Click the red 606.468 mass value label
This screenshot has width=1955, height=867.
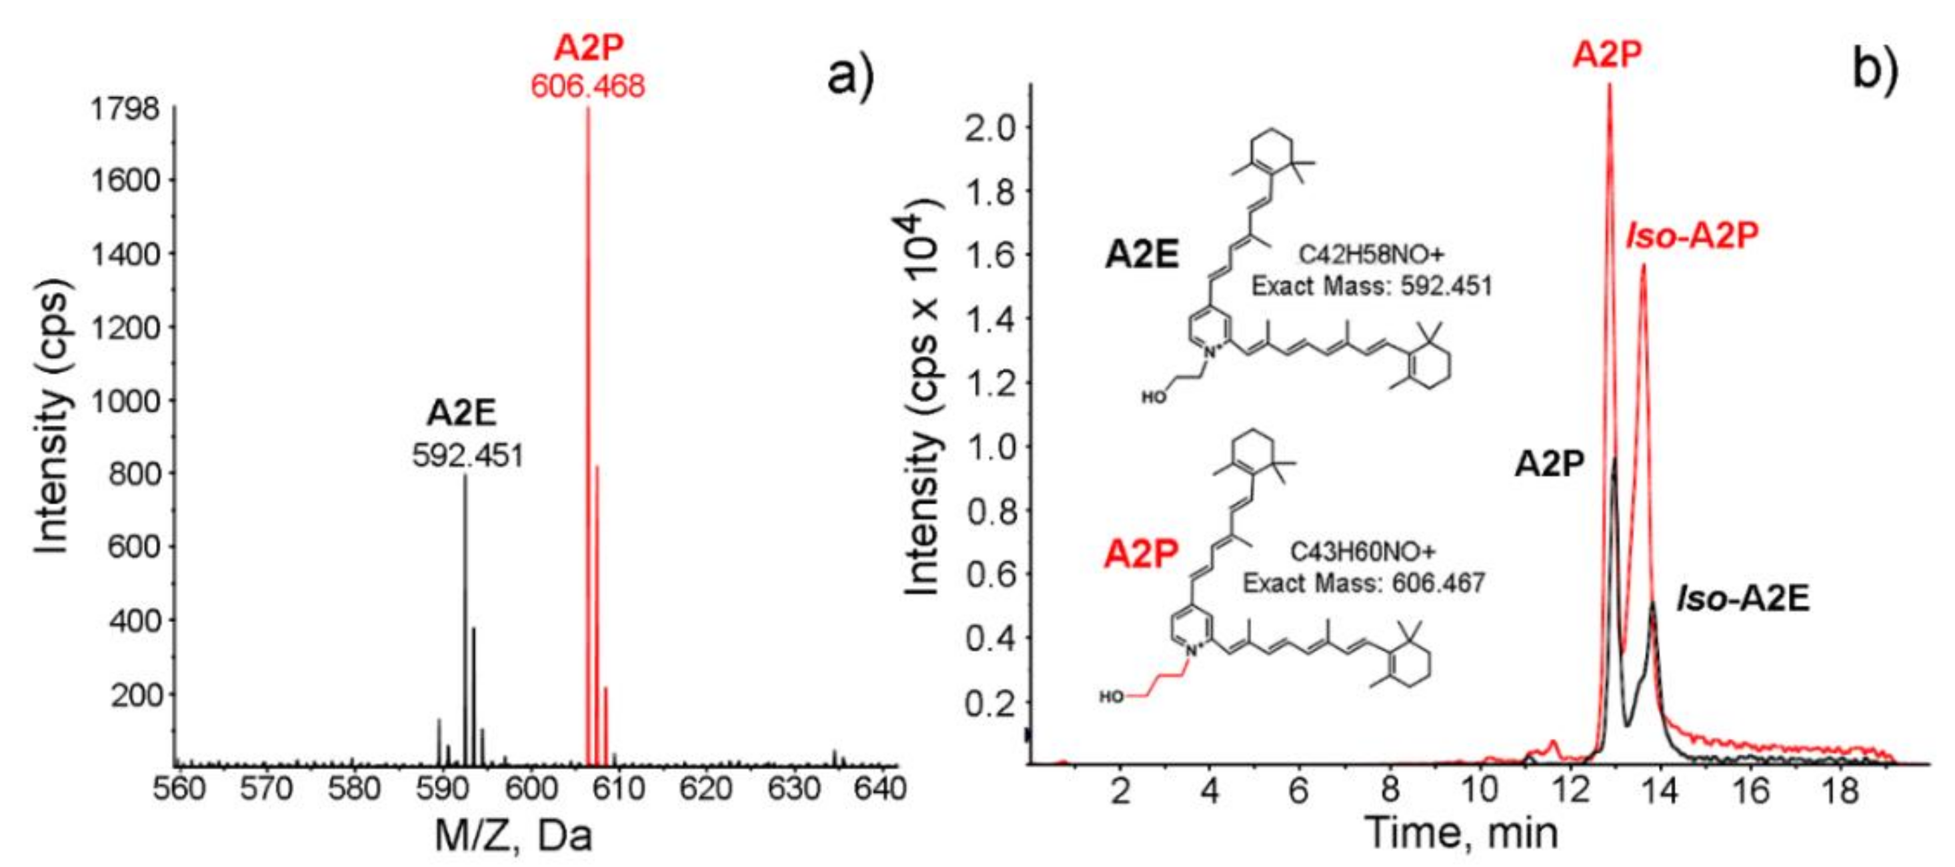click(587, 86)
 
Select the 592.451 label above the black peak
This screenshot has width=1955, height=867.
click(467, 456)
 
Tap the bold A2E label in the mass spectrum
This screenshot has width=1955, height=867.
click(461, 413)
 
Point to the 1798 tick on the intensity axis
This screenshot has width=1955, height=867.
click(125, 109)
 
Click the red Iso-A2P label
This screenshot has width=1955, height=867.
click(1692, 236)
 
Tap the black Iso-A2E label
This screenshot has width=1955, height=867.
click(1742, 598)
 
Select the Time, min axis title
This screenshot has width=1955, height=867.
click(1461, 832)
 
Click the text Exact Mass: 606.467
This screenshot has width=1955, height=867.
click(1363, 583)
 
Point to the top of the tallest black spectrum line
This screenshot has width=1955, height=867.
click(465, 477)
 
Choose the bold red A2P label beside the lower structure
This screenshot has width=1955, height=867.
click(1142, 554)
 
